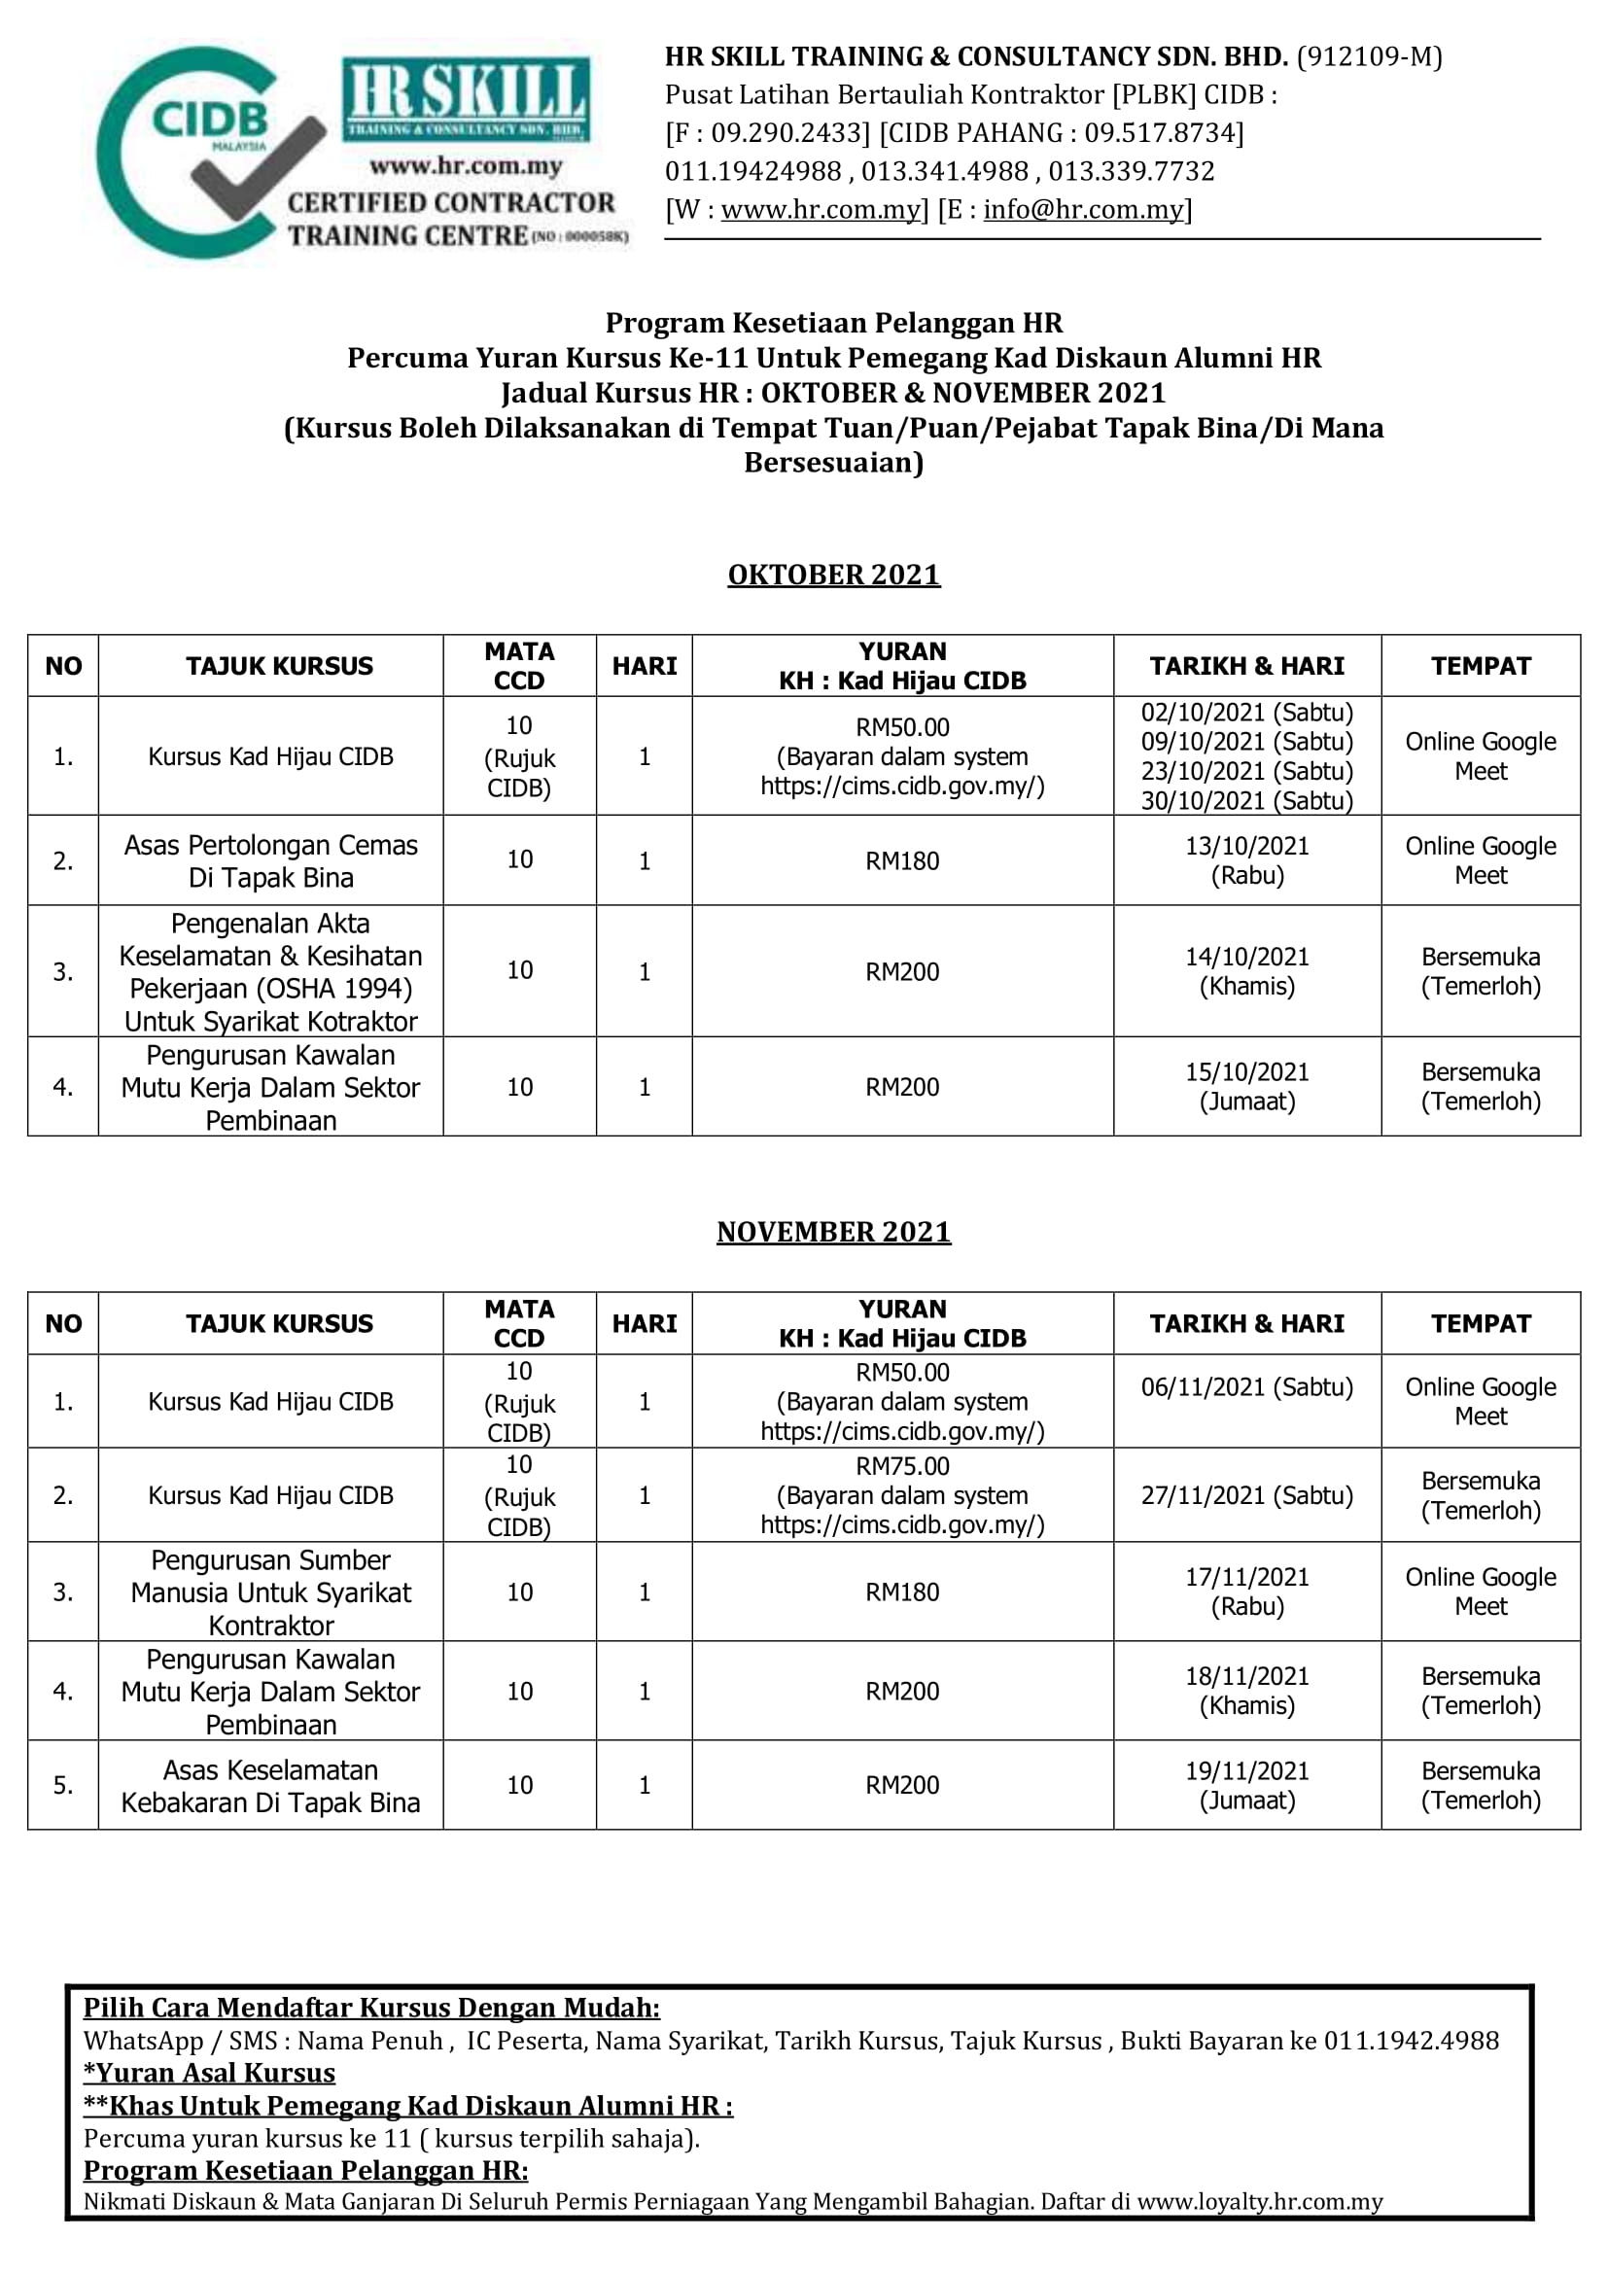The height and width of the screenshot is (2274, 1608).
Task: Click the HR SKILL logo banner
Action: pos(466,98)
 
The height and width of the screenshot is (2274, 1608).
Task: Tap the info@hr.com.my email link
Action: pos(1083,210)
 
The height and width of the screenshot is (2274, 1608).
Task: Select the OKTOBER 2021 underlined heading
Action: pos(834,575)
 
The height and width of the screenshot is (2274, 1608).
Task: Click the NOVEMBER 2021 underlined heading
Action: pos(834,1231)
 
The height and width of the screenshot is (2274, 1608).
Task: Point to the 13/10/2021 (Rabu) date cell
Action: pos(1246,859)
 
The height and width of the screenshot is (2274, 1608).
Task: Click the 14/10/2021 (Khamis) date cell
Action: pos(1246,970)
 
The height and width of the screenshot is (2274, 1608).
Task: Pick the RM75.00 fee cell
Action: pos(902,1494)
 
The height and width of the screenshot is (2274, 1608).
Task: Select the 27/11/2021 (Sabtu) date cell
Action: pos(1246,1494)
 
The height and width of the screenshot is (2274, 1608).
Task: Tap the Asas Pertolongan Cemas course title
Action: pos(270,860)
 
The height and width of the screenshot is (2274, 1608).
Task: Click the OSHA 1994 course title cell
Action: pos(270,971)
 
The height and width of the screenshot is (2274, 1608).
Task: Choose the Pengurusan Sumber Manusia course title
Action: pos(270,1592)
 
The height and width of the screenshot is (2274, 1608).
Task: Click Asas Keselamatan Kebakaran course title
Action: pos(270,1786)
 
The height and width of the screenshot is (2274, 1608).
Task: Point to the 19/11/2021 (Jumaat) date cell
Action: pos(1246,1785)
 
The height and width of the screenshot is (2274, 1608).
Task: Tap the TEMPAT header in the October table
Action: pos(1481,666)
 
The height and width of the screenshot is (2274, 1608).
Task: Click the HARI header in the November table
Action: pos(644,1323)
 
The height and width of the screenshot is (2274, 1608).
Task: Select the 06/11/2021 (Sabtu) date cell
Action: pos(1246,1386)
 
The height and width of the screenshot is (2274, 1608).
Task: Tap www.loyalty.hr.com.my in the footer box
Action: pos(1259,2202)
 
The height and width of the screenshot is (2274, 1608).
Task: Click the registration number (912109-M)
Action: pos(1370,56)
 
